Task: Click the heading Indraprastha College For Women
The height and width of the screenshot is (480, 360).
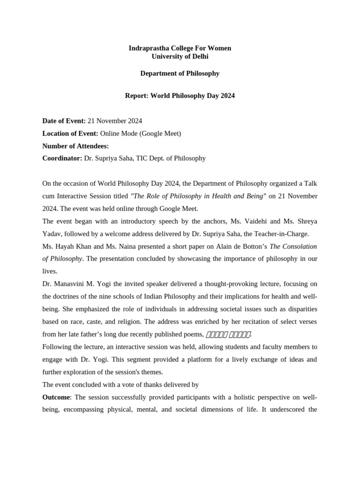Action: pos(180,48)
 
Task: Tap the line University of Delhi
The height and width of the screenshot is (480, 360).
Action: pos(180,57)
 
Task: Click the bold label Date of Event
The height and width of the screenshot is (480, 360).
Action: pos(64,121)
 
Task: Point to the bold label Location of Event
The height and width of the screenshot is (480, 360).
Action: pos(70,134)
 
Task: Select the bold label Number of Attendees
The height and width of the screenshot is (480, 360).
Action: pos(75,146)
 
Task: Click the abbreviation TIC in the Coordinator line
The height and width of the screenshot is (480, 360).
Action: pos(142,158)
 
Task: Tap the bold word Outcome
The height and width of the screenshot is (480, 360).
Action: pos(56,397)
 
